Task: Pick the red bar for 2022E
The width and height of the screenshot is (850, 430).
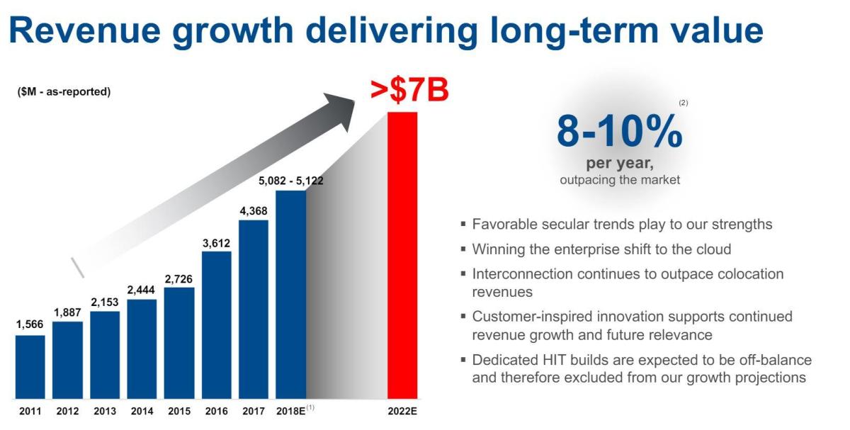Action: tap(402, 255)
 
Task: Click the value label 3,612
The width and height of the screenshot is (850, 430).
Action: tap(216, 243)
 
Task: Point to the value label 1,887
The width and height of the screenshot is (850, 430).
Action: tap(67, 312)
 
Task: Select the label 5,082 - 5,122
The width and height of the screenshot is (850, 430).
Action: tap(290, 181)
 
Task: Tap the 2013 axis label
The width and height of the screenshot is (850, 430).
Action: tap(104, 411)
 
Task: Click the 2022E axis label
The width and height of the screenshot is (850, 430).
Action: tap(402, 411)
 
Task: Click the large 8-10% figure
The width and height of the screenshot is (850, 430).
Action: tap(619, 132)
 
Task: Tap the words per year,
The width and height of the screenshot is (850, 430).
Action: tap(620, 164)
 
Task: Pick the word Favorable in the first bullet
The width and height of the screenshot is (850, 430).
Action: tap(505, 225)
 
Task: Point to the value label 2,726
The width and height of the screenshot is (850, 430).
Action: tap(178, 278)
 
